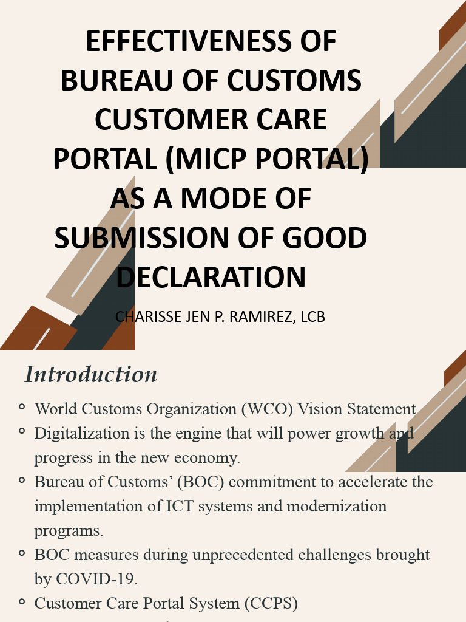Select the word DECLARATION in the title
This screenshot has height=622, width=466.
click(211, 277)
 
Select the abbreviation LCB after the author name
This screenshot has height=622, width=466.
click(312, 317)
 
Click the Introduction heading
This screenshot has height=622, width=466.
click(91, 374)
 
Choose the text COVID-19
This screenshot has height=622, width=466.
click(96, 579)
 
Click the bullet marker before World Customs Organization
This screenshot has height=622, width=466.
click(22, 407)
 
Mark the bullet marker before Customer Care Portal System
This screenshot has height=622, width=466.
click(22, 601)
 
